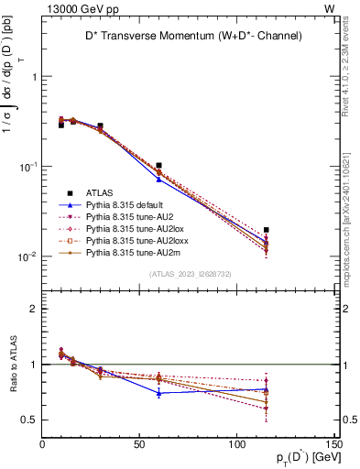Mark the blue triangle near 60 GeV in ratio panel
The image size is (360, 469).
pyautogui.click(x=159, y=393)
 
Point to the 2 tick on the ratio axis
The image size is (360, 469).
pyautogui.click(x=34, y=309)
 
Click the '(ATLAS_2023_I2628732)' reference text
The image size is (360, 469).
pyautogui.click(x=190, y=274)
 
